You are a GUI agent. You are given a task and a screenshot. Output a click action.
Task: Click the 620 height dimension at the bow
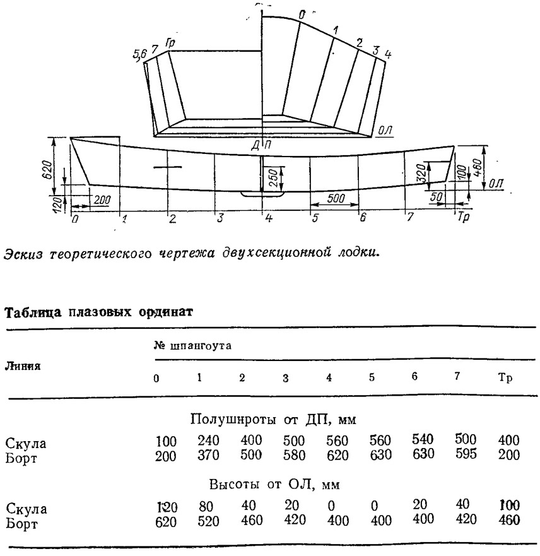(x=48, y=170)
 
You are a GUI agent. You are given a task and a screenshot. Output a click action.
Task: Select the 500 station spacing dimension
(x=335, y=198)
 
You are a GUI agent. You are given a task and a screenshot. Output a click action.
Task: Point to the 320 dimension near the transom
(x=421, y=173)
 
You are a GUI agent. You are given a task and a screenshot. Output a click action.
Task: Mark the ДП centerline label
(x=261, y=145)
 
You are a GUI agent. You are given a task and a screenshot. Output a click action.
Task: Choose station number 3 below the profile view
(x=220, y=218)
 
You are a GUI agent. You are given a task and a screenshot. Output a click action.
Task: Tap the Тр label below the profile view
(x=463, y=216)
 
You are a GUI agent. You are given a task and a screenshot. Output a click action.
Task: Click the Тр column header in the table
(x=505, y=377)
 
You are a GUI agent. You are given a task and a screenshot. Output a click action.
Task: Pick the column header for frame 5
(x=372, y=377)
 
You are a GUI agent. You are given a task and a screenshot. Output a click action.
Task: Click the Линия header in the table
(x=23, y=366)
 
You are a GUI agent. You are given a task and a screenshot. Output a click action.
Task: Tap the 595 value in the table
(x=466, y=454)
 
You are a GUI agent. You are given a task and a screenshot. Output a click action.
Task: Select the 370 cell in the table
(x=208, y=455)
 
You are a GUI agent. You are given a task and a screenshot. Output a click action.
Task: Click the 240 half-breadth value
(x=208, y=441)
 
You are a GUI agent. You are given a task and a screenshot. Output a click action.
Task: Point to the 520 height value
(x=208, y=521)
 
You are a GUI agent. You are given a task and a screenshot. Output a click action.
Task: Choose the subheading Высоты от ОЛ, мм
(x=274, y=485)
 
